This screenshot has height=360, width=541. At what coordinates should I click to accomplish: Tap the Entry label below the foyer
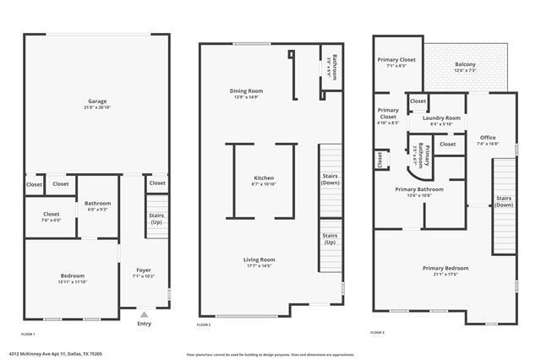(144, 323)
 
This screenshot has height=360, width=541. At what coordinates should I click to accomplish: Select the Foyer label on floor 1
(144, 270)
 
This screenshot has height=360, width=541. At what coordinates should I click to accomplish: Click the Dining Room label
(246, 90)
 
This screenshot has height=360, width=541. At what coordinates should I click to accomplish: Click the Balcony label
(465, 64)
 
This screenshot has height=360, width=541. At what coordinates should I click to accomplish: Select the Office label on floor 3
(488, 137)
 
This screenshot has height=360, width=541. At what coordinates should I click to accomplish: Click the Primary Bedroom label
(445, 268)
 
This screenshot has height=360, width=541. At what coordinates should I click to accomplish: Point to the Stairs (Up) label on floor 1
(156, 218)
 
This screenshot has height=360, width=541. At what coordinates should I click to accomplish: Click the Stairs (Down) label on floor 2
(330, 179)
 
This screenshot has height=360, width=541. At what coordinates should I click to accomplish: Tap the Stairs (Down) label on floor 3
(503, 201)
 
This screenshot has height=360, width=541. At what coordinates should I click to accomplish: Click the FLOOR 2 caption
(204, 325)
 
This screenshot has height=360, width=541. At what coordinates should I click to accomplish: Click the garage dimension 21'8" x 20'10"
(97, 106)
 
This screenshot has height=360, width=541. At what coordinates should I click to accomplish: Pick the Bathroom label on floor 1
(97, 203)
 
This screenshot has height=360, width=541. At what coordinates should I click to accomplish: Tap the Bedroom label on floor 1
(72, 275)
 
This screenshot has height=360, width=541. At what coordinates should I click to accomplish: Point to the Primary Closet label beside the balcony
(396, 60)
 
